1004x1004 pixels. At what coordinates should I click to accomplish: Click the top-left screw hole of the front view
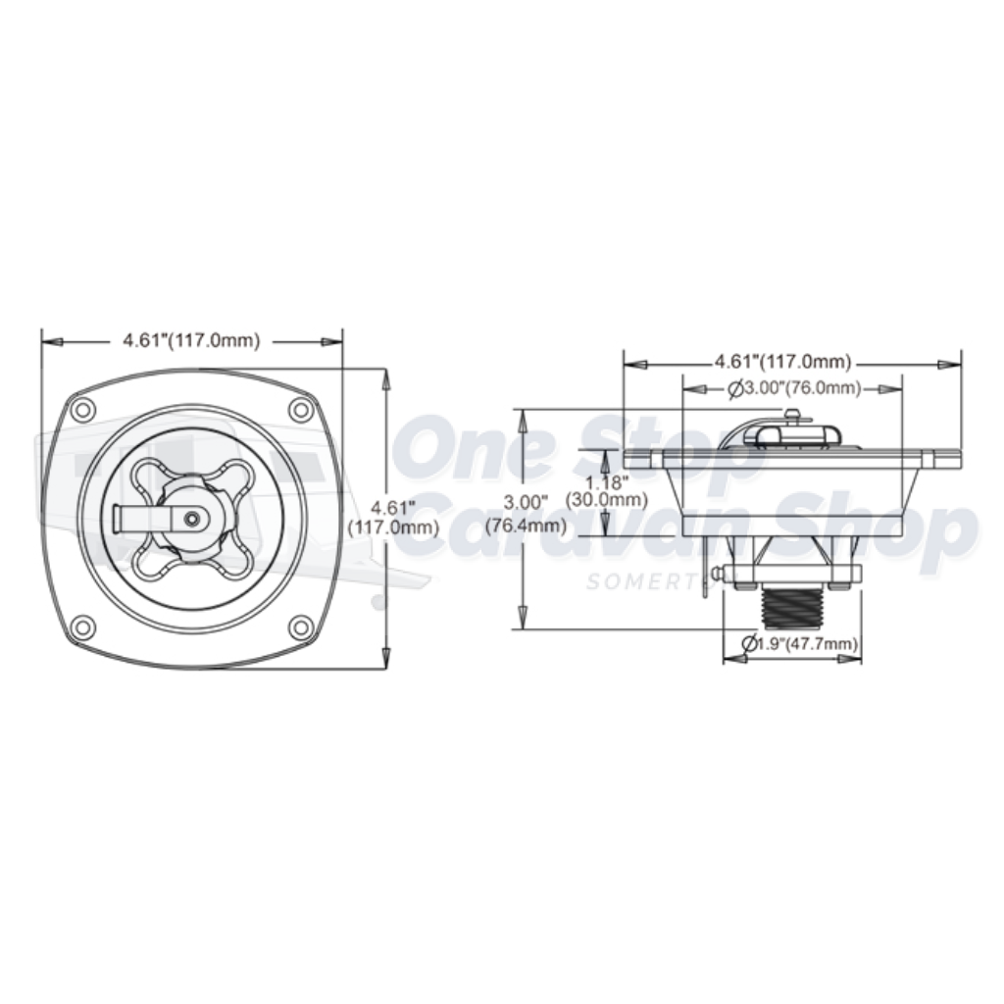coord(83,409)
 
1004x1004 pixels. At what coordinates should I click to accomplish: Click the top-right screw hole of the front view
coord(299,409)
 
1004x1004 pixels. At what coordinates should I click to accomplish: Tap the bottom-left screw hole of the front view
coord(83,625)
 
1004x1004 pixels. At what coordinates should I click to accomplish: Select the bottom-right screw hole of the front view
coord(299,625)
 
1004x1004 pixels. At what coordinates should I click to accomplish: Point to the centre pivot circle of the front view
coord(194,516)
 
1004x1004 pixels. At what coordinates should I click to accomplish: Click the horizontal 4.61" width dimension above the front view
coord(190,341)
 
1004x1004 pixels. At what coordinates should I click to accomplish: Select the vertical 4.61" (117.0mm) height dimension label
coord(391,518)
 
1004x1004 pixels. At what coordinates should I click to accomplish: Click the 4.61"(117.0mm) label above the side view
coord(782,361)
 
